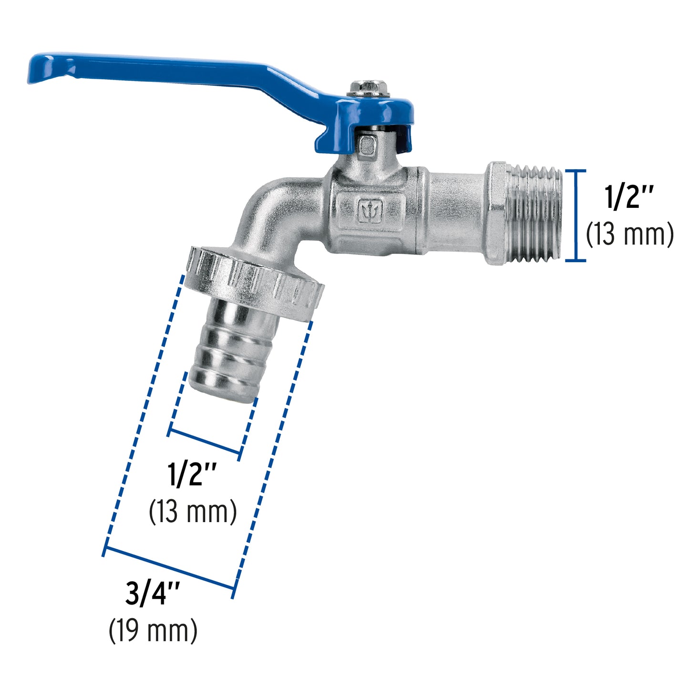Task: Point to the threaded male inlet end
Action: [x=536, y=215]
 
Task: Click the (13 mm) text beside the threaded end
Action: [x=629, y=235]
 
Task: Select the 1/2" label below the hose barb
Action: [x=192, y=474]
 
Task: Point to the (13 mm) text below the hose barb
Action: [x=193, y=512]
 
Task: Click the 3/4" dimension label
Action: [x=153, y=594]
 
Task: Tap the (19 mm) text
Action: [x=153, y=630]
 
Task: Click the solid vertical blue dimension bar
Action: [x=576, y=216]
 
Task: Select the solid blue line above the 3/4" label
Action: [x=169, y=570]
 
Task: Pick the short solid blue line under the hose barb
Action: [x=205, y=442]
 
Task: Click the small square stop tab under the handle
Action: [x=366, y=145]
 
